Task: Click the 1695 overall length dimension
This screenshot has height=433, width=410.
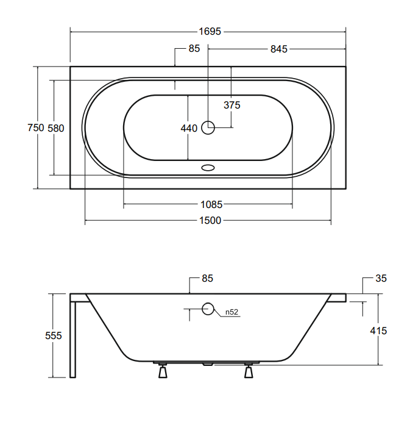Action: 210,32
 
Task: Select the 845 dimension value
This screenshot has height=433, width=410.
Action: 279,49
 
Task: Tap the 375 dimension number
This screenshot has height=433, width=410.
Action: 232,106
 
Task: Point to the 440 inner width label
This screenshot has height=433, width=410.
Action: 189,129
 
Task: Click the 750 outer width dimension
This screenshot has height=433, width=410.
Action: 36,128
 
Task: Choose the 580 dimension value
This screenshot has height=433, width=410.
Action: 56,129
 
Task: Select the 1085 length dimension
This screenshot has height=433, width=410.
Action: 211,205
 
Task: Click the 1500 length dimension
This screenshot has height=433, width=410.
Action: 210,221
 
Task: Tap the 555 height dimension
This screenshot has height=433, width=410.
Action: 54,336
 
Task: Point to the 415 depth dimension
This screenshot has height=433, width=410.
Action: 378,331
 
